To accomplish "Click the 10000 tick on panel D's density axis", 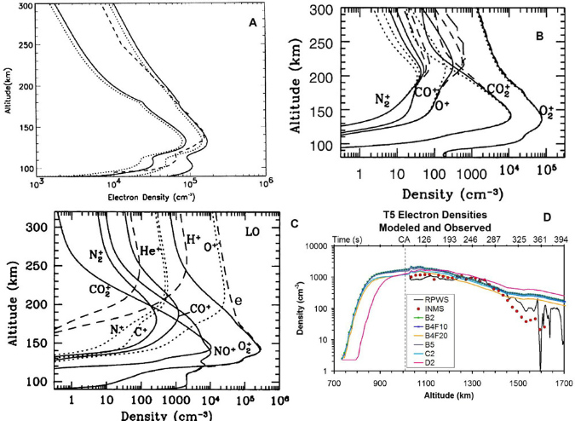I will tap(331, 246).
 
